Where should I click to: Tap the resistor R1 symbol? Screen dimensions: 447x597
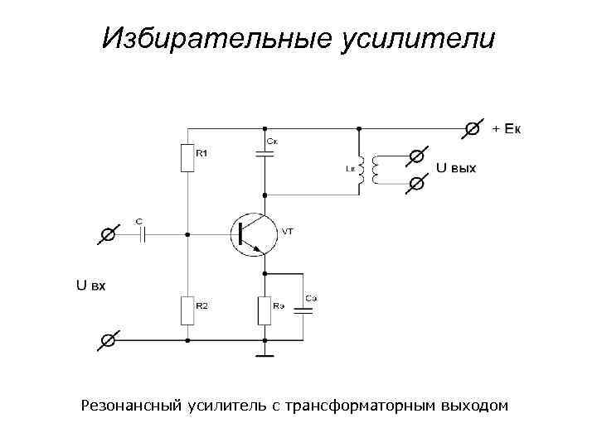187,157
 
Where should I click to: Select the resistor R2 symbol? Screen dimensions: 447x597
187,310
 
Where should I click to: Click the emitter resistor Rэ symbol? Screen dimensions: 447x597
265,310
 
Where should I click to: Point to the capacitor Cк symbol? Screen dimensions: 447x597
265,154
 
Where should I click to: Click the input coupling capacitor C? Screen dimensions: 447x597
142,234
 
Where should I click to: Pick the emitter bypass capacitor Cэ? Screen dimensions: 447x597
303,310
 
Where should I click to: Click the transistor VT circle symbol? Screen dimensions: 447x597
253,234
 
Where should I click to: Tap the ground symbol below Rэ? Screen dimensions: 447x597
265,356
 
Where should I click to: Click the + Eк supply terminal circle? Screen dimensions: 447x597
473,128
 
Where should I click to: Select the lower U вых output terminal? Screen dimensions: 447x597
418,185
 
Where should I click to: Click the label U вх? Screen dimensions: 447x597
90,286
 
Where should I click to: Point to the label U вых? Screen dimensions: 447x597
456,168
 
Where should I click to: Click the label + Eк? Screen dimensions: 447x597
507,129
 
